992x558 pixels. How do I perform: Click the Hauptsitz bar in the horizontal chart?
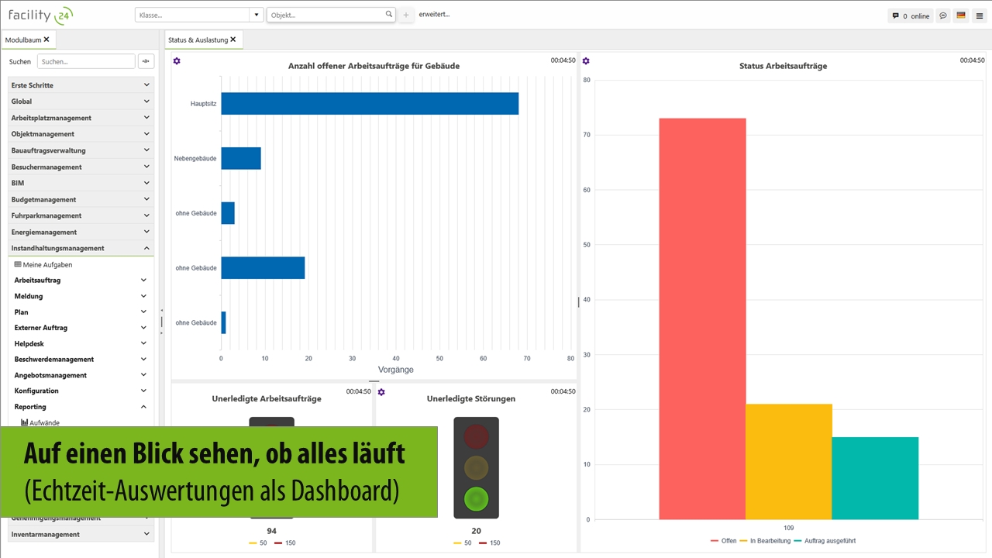pos(370,104)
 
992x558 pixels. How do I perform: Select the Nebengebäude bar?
pos(241,158)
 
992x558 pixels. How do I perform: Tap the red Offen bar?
pos(702,318)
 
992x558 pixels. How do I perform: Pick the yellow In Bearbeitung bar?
pos(789,461)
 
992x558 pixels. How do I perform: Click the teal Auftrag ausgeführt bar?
pos(875,478)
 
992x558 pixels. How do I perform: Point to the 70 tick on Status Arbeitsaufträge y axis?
pos(587,135)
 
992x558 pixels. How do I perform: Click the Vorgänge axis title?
pos(396,370)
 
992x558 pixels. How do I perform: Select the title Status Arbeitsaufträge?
pos(783,66)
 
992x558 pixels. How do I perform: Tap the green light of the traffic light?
pos(476,498)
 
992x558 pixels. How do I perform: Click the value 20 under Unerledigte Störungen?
pos(476,531)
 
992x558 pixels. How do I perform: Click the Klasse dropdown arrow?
pos(257,15)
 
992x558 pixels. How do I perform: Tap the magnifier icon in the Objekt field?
pos(389,15)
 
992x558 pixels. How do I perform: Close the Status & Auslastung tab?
pos(232,39)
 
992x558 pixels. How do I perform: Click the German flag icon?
pos(961,15)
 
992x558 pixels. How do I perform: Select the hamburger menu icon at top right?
pos(980,15)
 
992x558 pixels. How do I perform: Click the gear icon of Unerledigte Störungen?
pos(381,392)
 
